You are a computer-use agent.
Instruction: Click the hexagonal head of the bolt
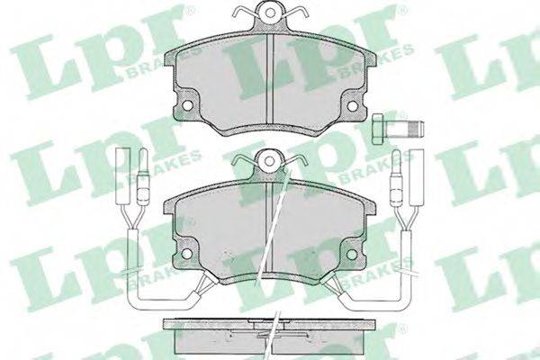coord(379,129)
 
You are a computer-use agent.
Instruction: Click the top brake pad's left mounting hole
coord(188,105)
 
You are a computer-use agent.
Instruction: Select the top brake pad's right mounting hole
coord(352,106)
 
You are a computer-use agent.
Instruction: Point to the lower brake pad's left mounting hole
coord(186,254)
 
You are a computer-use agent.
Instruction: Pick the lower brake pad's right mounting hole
coord(352,254)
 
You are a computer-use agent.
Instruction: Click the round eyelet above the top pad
coord(271,13)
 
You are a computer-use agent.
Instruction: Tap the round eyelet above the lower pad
coord(270,161)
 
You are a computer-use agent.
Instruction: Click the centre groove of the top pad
coord(270,78)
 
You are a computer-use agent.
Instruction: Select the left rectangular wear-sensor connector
coord(122,176)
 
